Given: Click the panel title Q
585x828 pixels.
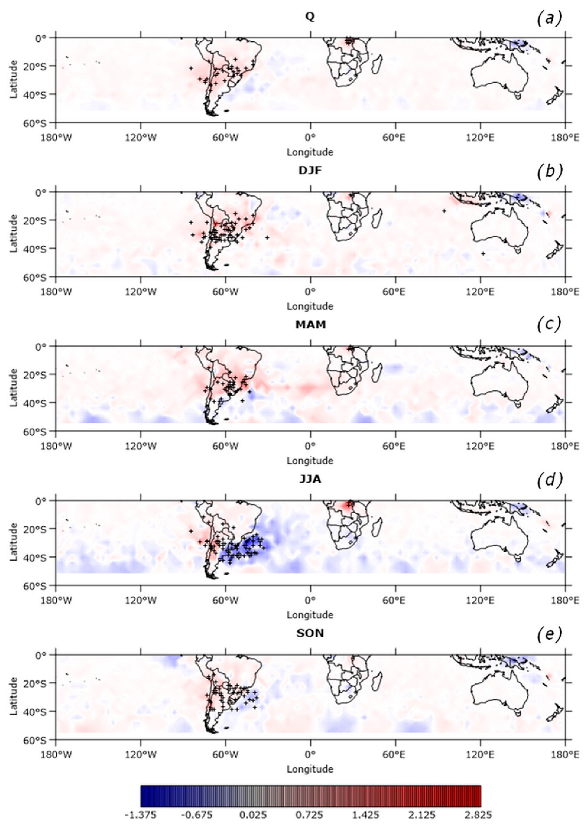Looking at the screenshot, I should (310, 17).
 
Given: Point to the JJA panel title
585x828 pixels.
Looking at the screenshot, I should (310, 479).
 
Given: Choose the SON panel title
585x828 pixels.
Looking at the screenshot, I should (310, 633).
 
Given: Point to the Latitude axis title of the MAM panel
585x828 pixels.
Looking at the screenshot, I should (14, 388).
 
